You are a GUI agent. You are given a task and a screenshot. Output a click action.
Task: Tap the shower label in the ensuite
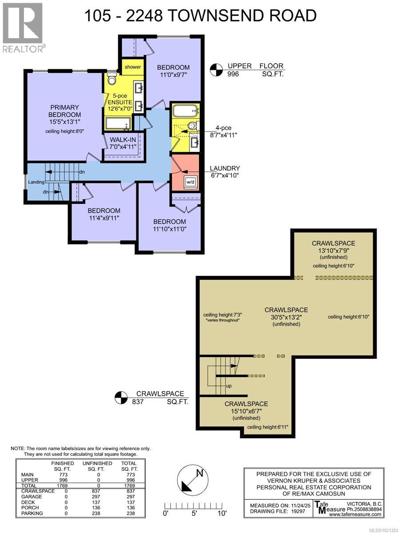132,67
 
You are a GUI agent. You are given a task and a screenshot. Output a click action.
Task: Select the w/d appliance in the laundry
190,181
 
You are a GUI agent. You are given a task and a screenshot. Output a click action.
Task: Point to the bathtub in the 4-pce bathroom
186,111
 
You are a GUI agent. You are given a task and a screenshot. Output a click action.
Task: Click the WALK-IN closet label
123,139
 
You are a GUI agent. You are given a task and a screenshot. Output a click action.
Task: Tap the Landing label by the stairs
36,182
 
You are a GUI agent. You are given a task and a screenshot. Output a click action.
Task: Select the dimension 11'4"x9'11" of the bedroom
104,218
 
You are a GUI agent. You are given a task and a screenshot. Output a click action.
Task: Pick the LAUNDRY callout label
225,168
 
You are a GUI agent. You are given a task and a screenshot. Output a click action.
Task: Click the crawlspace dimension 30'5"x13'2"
286,317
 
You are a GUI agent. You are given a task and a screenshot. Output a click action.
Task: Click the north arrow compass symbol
192,482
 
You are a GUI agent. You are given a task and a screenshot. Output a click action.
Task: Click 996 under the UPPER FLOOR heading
233,74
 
